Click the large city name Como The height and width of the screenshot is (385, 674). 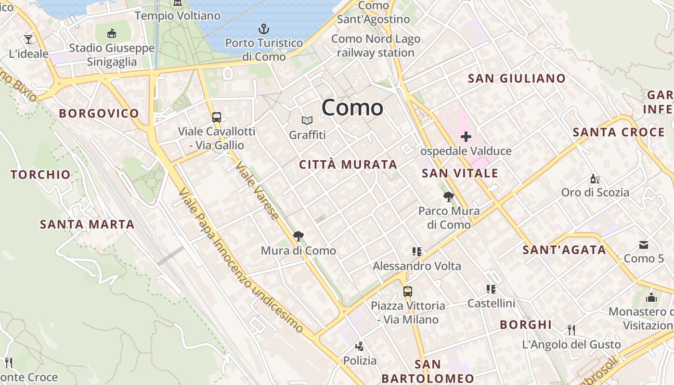[x=352, y=107]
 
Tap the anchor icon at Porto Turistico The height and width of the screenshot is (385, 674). [x=264, y=29]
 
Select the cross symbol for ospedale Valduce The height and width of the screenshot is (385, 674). [x=466, y=137]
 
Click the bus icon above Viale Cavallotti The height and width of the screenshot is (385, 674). [x=217, y=117]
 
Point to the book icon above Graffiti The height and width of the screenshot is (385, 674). [x=307, y=121]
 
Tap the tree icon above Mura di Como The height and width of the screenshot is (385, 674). [x=298, y=236]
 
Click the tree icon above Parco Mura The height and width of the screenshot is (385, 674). [x=449, y=196]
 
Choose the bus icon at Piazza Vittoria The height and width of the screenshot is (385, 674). [x=408, y=291]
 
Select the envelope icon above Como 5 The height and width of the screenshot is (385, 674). [x=644, y=245]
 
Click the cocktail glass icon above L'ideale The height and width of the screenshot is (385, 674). [x=28, y=39]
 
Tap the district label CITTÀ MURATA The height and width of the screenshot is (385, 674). [x=348, y=165]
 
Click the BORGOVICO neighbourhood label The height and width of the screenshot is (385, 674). [x=99, y=114]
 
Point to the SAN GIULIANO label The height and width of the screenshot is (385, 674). [x=517, y=78]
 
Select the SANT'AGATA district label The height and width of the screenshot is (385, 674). [x=564, y=250]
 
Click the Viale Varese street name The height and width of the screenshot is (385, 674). [x=257, y=191]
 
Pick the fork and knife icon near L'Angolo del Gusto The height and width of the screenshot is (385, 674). [x=571, y=330]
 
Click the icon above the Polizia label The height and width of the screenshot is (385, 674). [x=359, y=346]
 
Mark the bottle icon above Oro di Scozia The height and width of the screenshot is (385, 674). [x=595, y=179]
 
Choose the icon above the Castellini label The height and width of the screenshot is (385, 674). [x=491, y=289]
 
